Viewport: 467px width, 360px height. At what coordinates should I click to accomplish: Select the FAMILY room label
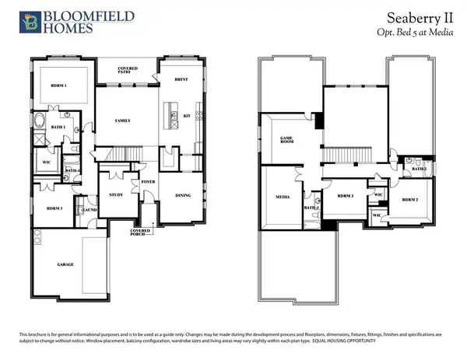pyautogui.click(x=122, y=121)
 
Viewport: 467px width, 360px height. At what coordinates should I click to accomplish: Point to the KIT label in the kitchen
pyautogui.click(x=187, y=116)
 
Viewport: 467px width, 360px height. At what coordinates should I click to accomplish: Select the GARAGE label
pyautogui.click(x=65, y=264)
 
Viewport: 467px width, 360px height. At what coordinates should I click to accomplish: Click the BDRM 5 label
pyautogui.click(x=54, y=210)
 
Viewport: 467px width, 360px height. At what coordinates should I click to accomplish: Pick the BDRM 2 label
pyautogui.click(x=410, y=200)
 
